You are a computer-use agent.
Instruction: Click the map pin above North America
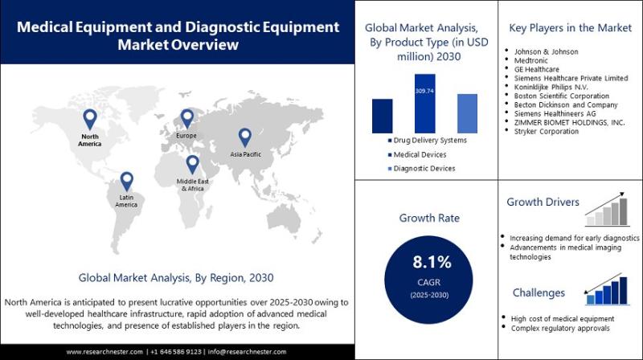pos(90,119)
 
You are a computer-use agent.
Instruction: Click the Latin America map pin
pos(126,181)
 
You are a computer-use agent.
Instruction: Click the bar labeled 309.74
pos(424,104)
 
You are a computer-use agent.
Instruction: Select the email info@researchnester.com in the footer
pos(249,352)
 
